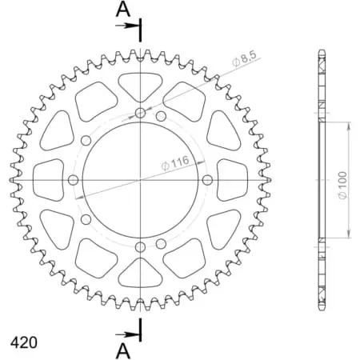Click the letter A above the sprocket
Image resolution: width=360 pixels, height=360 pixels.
122,10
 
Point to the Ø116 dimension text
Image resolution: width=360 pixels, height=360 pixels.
174,163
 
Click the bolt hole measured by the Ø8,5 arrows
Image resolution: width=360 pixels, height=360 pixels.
141,114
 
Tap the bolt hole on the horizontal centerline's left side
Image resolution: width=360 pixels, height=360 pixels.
74,180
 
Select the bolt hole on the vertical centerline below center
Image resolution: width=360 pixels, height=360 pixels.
141,246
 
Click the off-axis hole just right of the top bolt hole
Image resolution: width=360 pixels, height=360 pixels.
162,118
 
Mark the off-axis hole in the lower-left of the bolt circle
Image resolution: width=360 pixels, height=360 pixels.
85,218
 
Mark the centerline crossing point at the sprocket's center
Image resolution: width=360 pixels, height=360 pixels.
141,180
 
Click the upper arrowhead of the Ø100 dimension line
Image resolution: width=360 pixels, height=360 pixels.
349,126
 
